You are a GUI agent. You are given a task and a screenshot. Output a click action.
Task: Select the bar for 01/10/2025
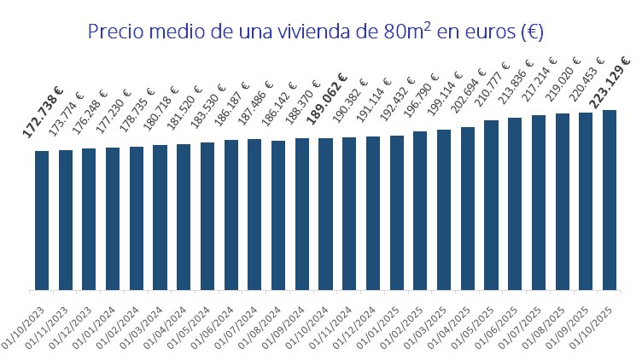coord(610,200)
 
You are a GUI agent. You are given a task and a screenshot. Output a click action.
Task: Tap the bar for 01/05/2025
coord(491,205)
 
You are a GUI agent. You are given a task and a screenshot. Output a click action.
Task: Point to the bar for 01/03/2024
coord(160,217)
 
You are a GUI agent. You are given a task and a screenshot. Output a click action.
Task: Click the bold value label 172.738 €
coord(44,112)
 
